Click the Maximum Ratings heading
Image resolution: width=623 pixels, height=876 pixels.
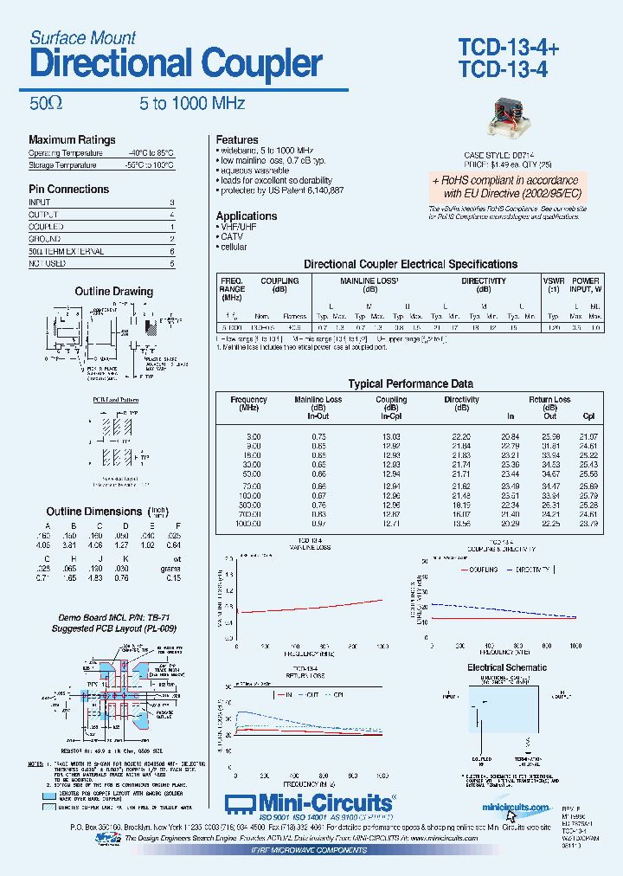click(72, 140)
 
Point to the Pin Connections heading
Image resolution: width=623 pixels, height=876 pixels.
click(68, 189)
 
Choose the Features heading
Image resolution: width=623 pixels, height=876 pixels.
click(237, 139)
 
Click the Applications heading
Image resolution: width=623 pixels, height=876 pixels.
click(247, 216)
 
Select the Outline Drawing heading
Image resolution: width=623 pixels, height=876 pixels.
click(113, 292)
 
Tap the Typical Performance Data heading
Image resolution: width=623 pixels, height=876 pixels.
click(410, 383)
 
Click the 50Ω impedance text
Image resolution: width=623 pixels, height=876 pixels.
click(45, 104)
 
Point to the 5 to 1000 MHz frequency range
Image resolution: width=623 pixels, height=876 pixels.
click(185, 104)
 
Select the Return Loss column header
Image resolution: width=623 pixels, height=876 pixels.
click(549, 400)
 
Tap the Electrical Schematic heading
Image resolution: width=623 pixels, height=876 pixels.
click(507, 667)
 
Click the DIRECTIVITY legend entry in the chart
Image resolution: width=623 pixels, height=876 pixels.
click(529, 570)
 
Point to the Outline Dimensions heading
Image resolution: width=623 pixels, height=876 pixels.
click(93, 512)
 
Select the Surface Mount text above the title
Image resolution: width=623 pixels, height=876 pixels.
click(83, 37)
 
